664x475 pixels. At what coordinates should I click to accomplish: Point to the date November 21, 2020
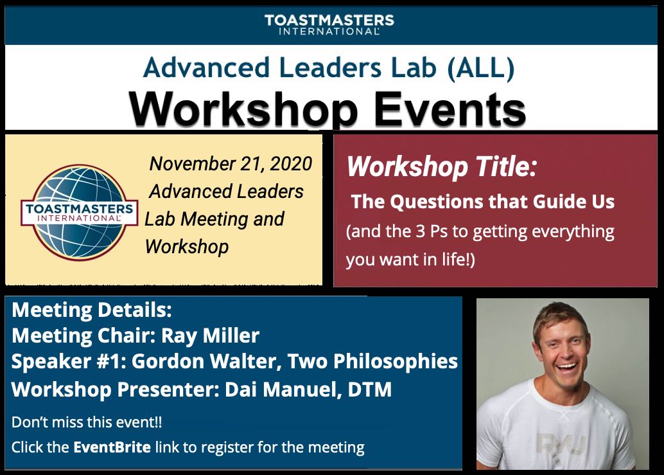pos(231,163)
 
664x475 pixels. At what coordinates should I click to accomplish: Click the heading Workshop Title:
pos(441,168)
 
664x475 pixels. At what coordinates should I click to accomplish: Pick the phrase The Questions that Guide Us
pos(483,202)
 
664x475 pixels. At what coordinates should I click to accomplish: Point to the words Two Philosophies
pos(372,361)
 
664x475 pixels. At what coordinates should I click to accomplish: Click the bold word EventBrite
pos(112,446)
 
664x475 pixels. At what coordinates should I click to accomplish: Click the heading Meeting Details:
pos(92,310)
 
